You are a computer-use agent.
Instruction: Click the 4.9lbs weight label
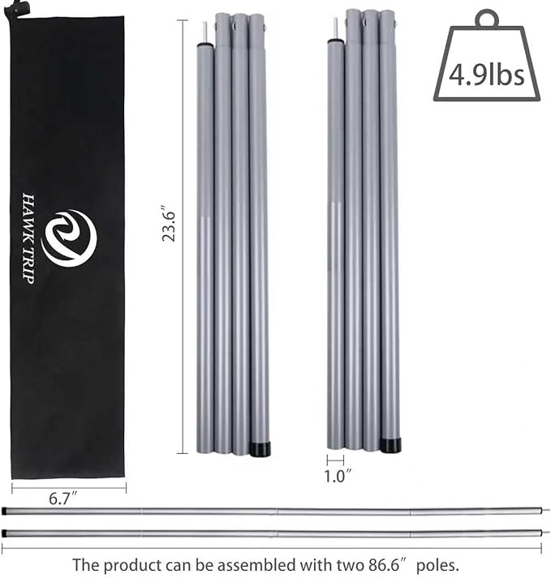(x=486, y=75)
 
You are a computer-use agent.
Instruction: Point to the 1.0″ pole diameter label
(x=338, y=476)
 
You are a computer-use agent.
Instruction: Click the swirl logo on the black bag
(x=70, y=238)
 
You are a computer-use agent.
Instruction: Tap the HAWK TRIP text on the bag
(x=28, y=238)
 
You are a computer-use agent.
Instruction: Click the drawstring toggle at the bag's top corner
(x=12, y=8)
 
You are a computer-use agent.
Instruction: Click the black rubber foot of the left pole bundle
(x=260, y=448)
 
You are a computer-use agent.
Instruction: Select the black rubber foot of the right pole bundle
(x=390, y=445)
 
